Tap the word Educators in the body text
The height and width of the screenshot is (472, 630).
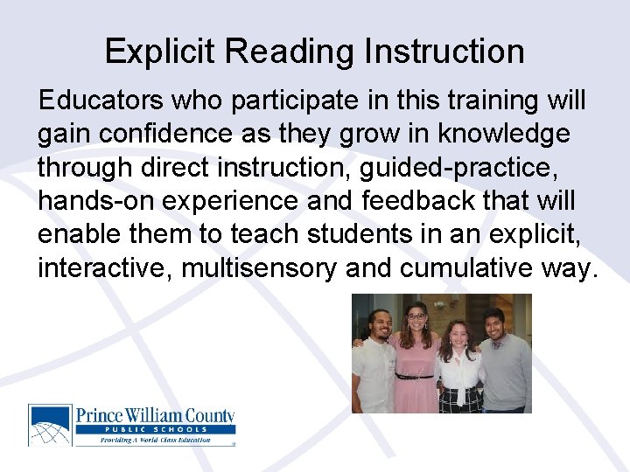tap(100, 101)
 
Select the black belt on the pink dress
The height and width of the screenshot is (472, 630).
tap(415, 376)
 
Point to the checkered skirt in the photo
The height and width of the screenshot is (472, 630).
tap(460, 399)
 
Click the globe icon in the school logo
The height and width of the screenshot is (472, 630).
tap(51, 425)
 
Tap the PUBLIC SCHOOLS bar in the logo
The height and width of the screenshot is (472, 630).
tap(155, 429)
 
